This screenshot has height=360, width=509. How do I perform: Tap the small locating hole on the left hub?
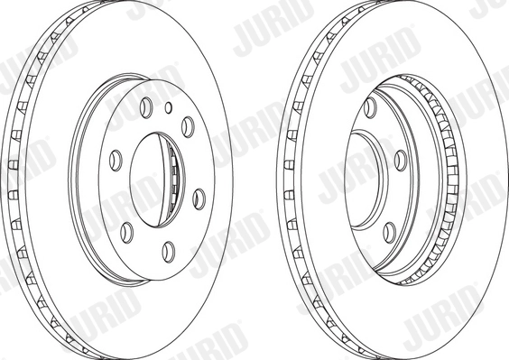[169, 107]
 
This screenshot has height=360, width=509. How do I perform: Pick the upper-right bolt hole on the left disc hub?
[187, 124]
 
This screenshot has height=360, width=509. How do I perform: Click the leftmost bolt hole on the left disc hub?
[115, 160]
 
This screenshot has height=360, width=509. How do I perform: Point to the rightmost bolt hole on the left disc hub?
[198, 196]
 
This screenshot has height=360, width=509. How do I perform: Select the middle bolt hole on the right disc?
[399, 160]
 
